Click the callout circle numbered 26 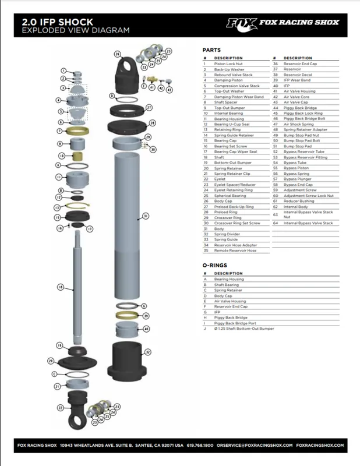click(x=117, y=54)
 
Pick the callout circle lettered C click(x=54, y=373)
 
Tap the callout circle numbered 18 click(x=60, y=287)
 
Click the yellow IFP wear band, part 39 click(x=128, y=315)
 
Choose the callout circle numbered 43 click(x=170, y=89)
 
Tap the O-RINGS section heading click(x=214, y=265)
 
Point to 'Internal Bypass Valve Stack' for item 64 click(x=307, y=223)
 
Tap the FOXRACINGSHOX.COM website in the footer click(x=320, y=444)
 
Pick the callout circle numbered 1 click(x=61, y=70)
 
